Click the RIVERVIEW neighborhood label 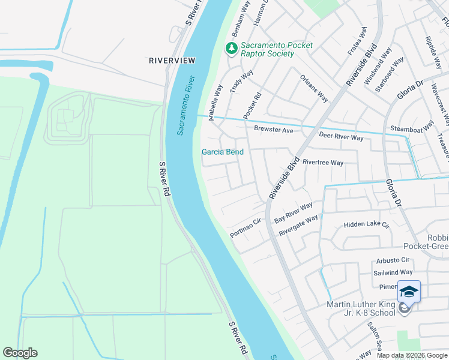[172, 61]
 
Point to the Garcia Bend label [222, 152]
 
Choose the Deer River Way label [341, 137]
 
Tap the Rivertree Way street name [323, 163]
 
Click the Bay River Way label [294, 213]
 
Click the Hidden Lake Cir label [366, 225]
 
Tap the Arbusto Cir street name [393, 260]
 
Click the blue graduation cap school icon [409, 292]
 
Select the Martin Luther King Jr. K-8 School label [361, 308]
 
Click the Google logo [20, 353]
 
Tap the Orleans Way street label [314, 89]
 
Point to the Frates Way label [358, 41]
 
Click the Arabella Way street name [215, 102]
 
